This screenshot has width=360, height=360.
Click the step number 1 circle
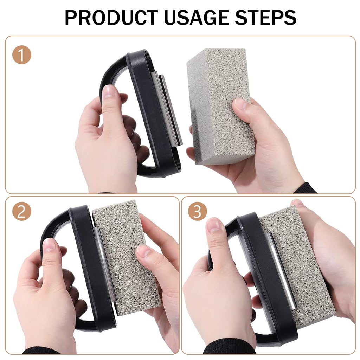pyautogui.click(x=22, y=55)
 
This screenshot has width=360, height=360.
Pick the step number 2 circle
pyautogui.click(x=22, y=212)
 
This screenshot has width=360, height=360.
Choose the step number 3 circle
pyautogui.click(x=197, y=212)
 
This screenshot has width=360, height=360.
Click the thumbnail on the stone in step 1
pyautogui.click(x=240, y=104)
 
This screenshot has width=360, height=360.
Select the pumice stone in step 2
pyautogui.click(x=123, y=253)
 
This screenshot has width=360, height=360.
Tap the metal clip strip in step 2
pyautogui.click(x=104, y=264)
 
